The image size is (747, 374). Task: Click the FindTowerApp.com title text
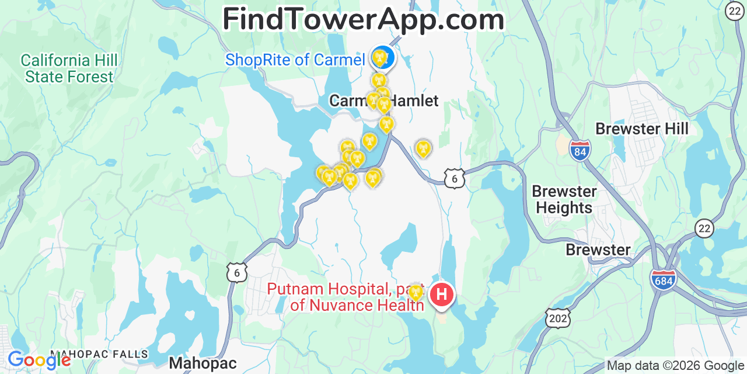click(x=363, y=19)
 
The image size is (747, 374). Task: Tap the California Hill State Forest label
click(x=69, y=68)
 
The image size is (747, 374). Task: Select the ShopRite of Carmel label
click(x=295, y=60)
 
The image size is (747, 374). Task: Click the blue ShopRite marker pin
click(x=383, y=57)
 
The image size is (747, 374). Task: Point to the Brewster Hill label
click(x=642, y=129)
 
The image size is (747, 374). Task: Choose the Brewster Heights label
click(x=564, y=199)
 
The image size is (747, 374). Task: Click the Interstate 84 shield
click(x=580, y=150)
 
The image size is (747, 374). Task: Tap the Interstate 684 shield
click(x=663, y=278)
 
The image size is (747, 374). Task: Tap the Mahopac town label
click(x=203, y=363)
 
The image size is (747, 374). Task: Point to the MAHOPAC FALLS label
click(x=99, y=354)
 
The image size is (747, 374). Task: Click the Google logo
click(x=39, y=359)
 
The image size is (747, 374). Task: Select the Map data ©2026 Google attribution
click(x=676, y=366)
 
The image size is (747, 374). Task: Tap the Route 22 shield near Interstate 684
click(x=705, y=228)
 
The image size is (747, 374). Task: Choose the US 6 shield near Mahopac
click(x=237, y=272)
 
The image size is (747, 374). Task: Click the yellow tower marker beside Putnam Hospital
click(x=416, y=292)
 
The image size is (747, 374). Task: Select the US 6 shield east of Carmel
click(x=455, y=178)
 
